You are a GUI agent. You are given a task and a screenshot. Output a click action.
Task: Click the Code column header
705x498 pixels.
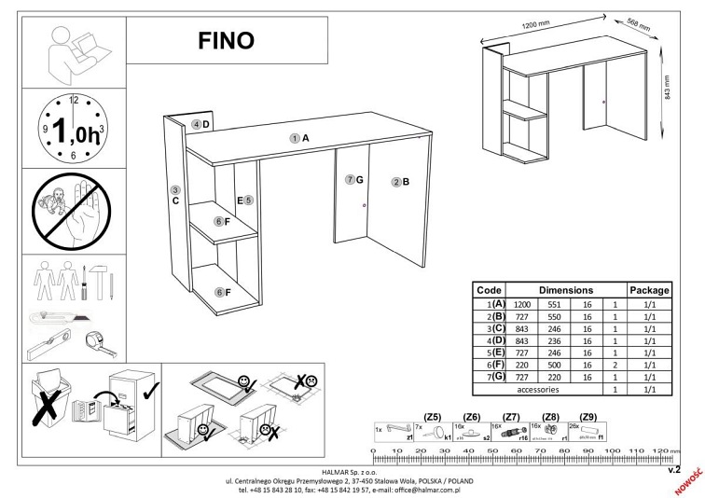pos(490,290)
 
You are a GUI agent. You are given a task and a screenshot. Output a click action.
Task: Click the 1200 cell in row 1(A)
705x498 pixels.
pos(522,304)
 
